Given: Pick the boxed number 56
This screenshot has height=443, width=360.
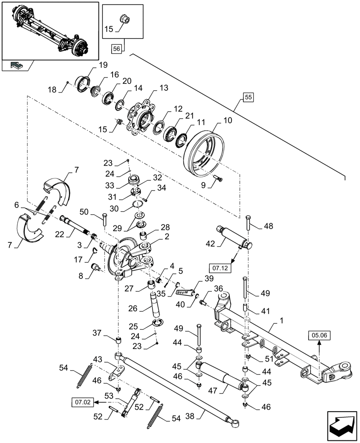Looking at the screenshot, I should (x=116, y=49).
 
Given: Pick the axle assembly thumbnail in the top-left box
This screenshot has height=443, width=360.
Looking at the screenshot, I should (x=50, y=30).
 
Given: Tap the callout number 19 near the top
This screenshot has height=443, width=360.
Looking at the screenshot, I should (x=103, y=65).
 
